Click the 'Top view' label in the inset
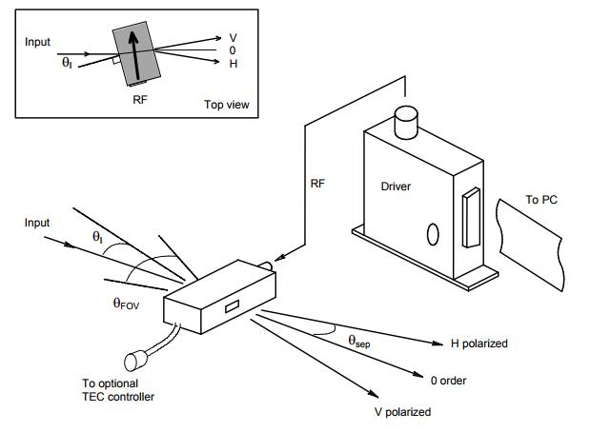[227, 105]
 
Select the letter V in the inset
[234, 37]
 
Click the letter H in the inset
[234, 63]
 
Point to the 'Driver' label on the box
[396, 187]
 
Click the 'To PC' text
[545, 200]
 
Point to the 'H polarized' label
[479, 343]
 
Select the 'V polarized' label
[402, 412]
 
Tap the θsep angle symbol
[358, 340]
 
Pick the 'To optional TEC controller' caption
[118, 390]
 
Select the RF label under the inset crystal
[139, 97]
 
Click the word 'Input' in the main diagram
[38, 222]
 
